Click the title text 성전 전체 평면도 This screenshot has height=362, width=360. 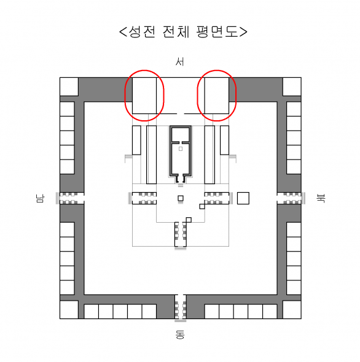click(x=183, y=32)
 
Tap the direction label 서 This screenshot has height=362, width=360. click(x=180, y=62)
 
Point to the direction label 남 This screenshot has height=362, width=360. click(x=40, y=199)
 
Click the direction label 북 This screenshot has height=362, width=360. click(x=321, y=199)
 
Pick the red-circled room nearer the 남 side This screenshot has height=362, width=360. click(x=144, y=96)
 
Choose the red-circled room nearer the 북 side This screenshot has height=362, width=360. click(x=217, y=96)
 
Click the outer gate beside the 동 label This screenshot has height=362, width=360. click(x=181, y=307)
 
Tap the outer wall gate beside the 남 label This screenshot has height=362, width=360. click(x=71, y=198)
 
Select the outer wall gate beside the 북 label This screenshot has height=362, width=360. click(x=291, y=198)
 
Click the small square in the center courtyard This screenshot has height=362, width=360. click(x=181, y=198)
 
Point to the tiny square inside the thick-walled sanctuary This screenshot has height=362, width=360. click(x=181, y=149)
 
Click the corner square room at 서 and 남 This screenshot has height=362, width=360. click(x=69, y=87)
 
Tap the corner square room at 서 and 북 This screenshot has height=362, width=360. click(x=292, y=87)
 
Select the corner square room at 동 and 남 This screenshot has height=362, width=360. click(x=69, y=310)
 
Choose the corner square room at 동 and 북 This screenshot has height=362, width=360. click(x=292, y=310)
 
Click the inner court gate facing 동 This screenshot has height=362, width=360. click(x=181, y=235)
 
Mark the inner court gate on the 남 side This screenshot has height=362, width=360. click(x=143, y=198)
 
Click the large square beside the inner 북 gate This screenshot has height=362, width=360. click(x=243, y=198)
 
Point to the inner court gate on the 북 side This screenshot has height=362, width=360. click(x=219, y=198)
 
